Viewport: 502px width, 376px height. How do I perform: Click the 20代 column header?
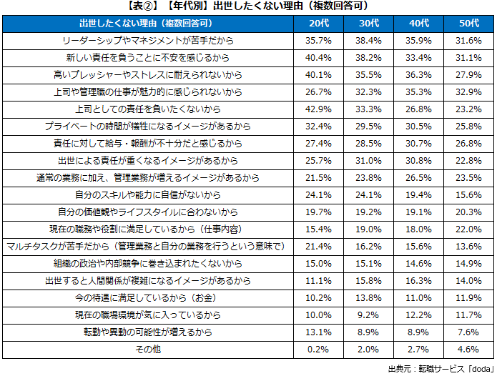tap(319, 25)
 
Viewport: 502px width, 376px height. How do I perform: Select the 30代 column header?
tap(369, 25)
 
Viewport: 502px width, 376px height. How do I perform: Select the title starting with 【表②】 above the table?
tap(250, 6)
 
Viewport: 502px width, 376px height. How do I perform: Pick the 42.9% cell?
tap(319, 109)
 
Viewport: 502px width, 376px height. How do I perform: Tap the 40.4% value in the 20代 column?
tap(319, 58)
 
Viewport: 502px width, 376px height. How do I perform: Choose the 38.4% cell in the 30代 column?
tap(369, 41)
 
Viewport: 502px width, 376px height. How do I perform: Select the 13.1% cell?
tap(319, 332)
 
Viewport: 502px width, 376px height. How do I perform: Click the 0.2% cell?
tap(319, 350)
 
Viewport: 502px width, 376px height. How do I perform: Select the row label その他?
tap(149, 350)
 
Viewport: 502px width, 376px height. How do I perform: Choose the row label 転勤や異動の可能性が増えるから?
tap(149, 332)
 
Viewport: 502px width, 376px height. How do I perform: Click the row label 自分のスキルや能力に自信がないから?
tap(149, 194)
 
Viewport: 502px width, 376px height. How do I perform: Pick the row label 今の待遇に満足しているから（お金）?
tap(149, 298)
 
